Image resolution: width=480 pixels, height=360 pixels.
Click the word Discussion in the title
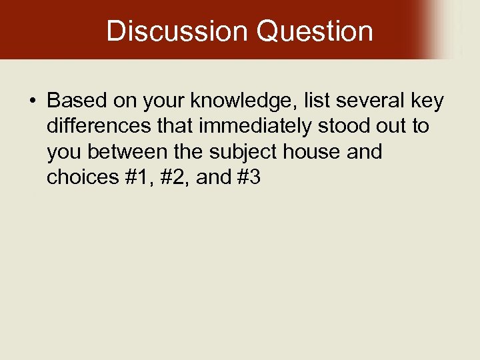coord(176,31)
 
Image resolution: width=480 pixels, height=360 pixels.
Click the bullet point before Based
coord(32,101)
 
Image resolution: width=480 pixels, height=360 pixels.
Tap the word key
coord(426,101)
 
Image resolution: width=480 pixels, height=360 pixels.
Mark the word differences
coord(95,127)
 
